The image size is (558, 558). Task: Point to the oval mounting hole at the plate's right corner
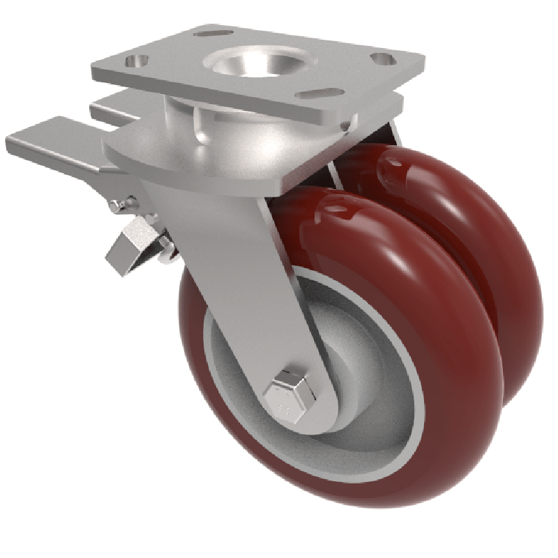pos(380,59)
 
